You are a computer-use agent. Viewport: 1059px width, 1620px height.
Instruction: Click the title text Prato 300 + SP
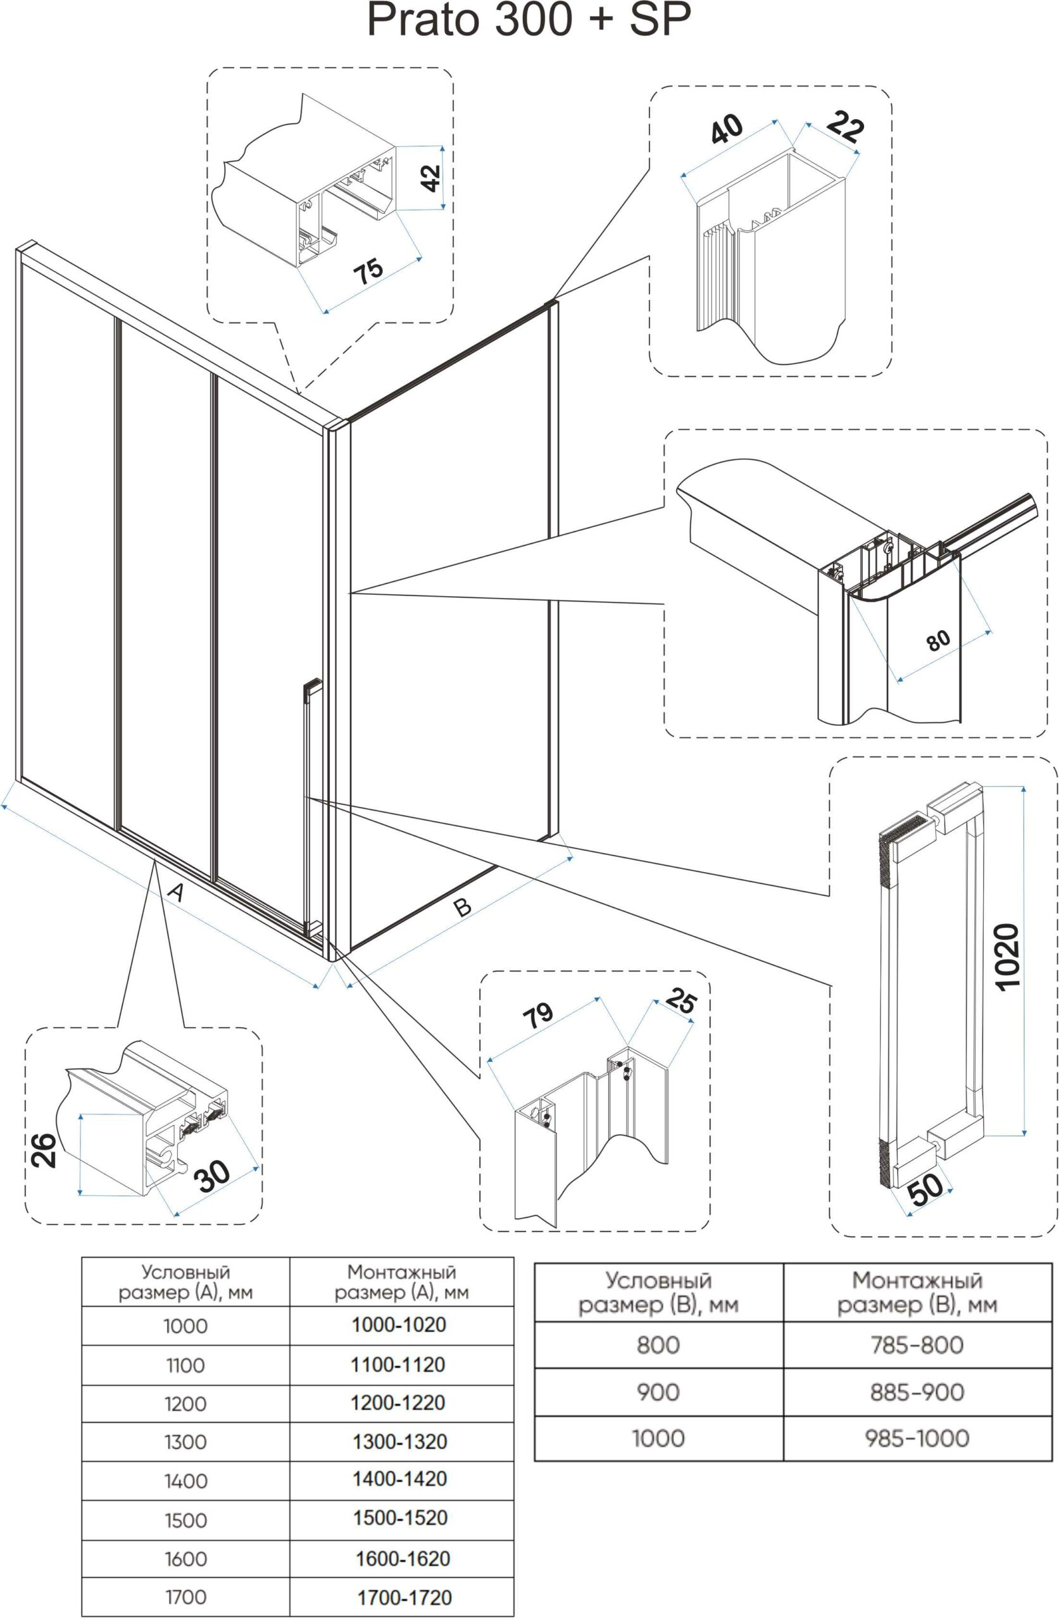coord(529,21)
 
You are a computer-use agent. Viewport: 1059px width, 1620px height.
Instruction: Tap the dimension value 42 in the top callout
coord(430,178)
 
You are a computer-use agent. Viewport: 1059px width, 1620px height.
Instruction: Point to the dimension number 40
coord(726,128)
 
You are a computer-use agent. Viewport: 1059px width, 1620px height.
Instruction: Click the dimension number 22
coord(845,127)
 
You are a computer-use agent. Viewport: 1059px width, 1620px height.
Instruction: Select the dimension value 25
coord(680,1002)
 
